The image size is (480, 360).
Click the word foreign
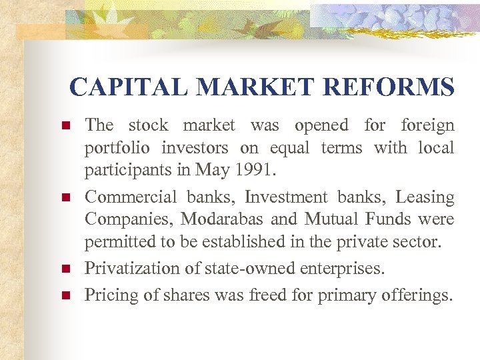(427, 125)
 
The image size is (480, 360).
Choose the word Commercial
(130, 197)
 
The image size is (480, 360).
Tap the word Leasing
(425, 197)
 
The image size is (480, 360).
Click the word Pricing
(108, 294)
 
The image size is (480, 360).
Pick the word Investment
(286, 197)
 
